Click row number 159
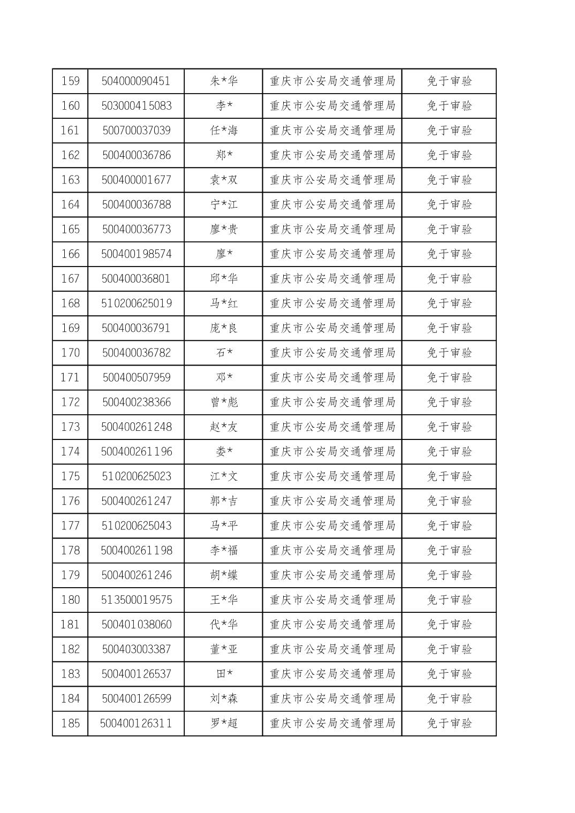[71, 81]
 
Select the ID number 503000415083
[137, 106]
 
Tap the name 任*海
[223, 131]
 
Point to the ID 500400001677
[137, 180]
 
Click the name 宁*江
[223, 204]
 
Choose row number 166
[71, 254]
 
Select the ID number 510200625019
[137, 303]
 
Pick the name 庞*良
[223, 328]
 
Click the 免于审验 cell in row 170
[449, 353]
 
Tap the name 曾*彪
[223, 402]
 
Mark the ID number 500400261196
[137, 452]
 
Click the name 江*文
[223, 476]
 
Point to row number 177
[71, 526]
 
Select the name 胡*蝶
[223, 575]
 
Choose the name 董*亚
[223, 649]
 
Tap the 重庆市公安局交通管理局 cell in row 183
[332, 674]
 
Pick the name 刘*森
[223, 698]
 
